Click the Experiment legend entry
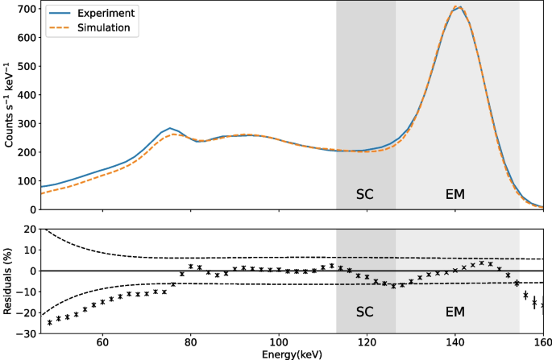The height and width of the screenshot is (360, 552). (102, 14)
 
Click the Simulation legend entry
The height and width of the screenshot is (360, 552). (102, 27)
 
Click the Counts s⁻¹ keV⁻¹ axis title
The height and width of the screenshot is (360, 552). (9, 105)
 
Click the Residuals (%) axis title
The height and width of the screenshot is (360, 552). (9, 281)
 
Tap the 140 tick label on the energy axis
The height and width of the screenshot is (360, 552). (455, 341)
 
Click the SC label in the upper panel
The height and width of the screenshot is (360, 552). (366, 194)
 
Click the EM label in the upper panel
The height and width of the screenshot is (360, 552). (455, 194)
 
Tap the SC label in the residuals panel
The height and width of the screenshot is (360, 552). (366, 310)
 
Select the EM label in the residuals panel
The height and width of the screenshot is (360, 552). (455, 310)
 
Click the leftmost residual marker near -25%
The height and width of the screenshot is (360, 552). (50, 322)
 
